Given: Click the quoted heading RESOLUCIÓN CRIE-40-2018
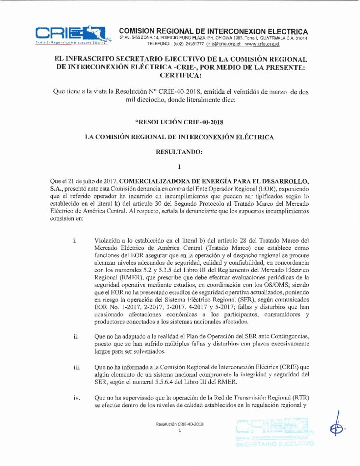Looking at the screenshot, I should click(180, 122).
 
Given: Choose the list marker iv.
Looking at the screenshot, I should click(76, 397).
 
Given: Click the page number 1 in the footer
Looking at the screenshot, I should click(180, 430).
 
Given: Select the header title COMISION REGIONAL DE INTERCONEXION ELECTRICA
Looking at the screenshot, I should click(213, 31).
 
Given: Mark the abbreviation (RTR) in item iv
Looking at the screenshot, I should click(299, 397).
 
